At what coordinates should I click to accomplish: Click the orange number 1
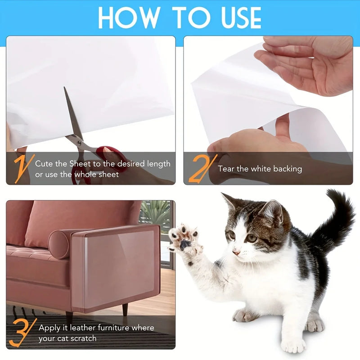[x=22, y=168]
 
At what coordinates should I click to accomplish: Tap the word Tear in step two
[x=227, y=169]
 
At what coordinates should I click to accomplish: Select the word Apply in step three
[x=49, y=328]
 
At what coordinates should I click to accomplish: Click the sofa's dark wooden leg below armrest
[x=125, y=309]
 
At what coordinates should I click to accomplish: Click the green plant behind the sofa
[x=155, y=214]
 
